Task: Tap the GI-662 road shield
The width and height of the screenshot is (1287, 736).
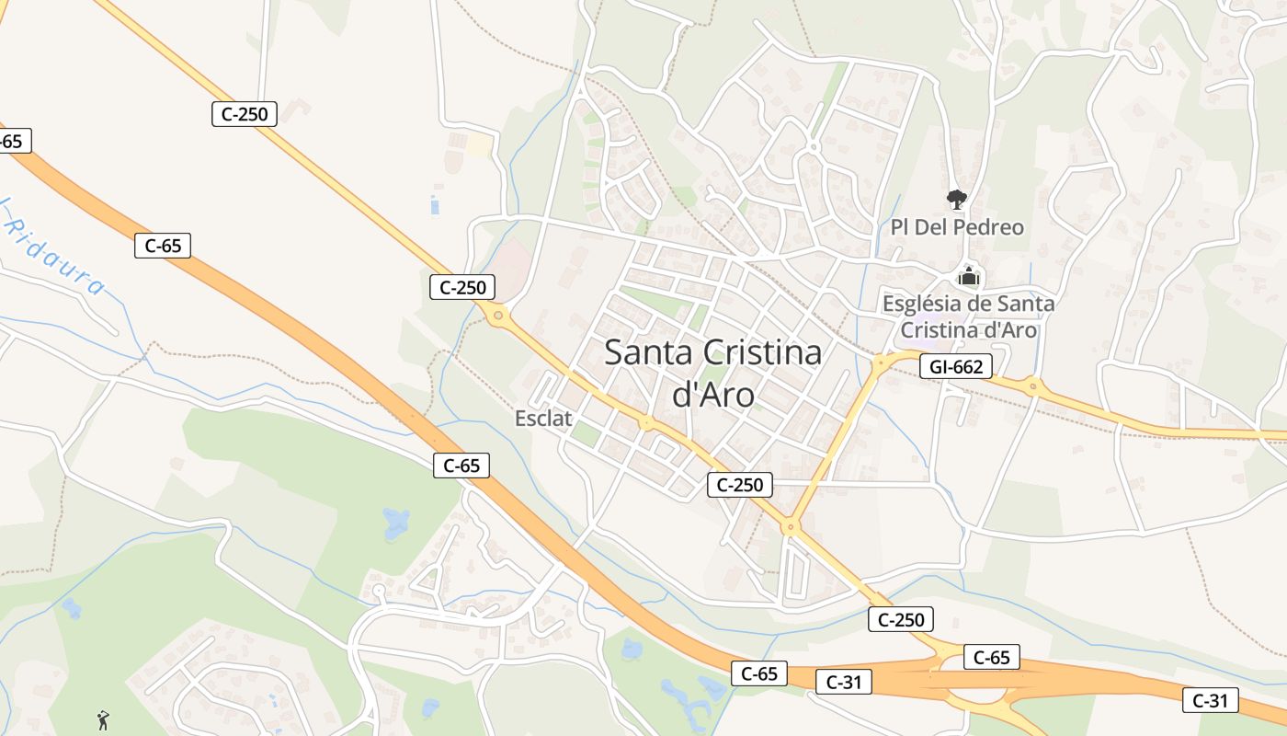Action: tap(956, 367)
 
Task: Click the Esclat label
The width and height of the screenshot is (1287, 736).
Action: tap(543, 419)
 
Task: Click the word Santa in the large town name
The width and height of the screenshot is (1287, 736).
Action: tap(649, 353)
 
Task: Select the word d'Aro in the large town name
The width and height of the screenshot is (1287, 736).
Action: tap(713, 395)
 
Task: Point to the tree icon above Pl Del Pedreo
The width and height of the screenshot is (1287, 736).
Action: tap(957, 199)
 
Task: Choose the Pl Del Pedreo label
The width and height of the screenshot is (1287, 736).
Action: tap(957, 227)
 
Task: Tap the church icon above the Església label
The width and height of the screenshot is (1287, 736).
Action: tap(968, 275)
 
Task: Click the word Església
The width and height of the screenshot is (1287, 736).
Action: tap(927, 303)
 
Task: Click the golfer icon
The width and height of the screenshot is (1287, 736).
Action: tap(103, 719)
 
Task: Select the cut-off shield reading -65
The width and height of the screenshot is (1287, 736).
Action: tap(13, 141)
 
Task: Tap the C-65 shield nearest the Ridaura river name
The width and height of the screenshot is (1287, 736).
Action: tap(163, 246)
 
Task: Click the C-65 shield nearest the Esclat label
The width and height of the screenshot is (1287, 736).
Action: tap(461, 466)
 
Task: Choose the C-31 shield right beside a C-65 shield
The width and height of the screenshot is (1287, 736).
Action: tap(844, 682)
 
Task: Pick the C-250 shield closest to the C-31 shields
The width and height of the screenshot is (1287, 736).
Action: tap(901, 619)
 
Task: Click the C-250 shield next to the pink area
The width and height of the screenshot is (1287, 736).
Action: tap(462, 287)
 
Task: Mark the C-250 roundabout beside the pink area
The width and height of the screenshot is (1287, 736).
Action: tap(498, 316)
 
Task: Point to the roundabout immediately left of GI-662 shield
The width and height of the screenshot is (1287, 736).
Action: tap(880, 362)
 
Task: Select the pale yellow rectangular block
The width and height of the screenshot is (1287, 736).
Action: tap(479, 145)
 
